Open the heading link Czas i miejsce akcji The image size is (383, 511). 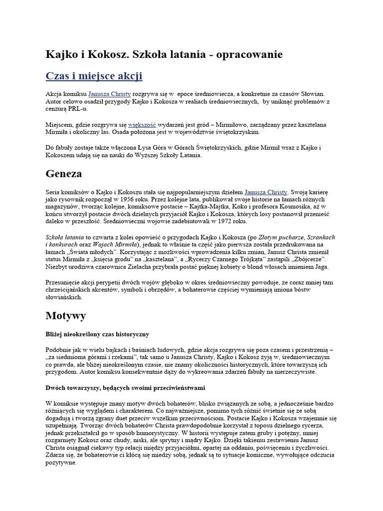point(94,76)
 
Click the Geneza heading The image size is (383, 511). point(64,174)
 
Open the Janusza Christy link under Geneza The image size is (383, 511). point(266,191)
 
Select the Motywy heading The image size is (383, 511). point(66,315)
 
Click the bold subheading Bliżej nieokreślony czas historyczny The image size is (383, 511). point(98,333)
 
